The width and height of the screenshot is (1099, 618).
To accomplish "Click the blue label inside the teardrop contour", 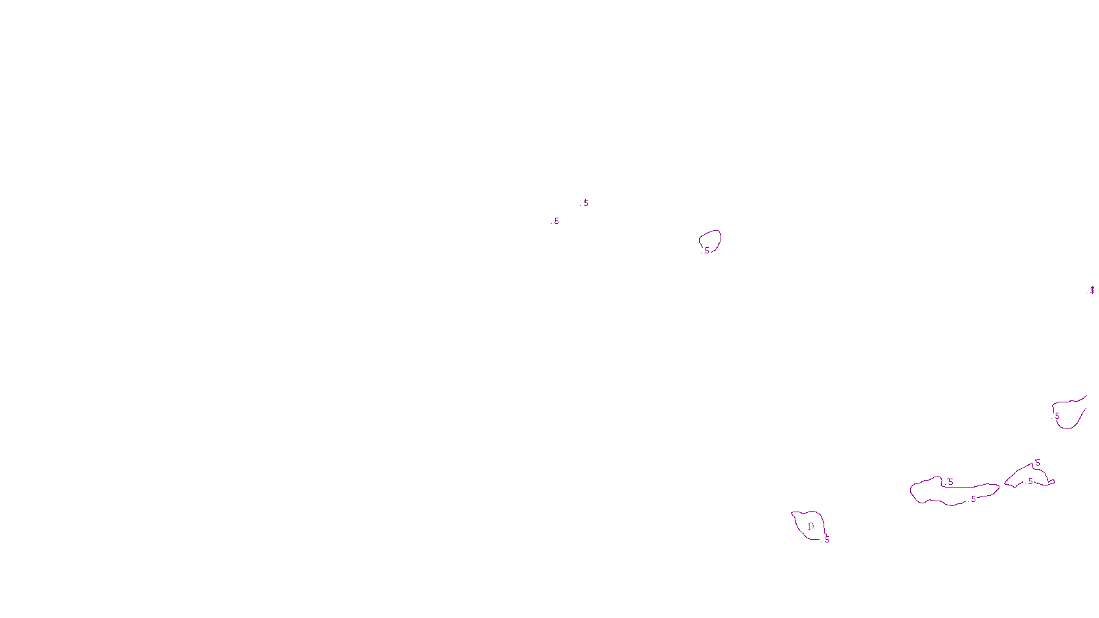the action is [811, 527].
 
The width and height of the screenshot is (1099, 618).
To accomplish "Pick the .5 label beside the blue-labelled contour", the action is [827, 540].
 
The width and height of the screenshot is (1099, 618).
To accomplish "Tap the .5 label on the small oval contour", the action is [707, 251].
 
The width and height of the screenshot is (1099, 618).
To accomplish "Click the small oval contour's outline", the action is [719, 236].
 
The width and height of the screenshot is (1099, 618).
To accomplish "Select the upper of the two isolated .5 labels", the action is [586, 203].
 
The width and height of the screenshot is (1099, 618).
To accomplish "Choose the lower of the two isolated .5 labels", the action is [556, 221].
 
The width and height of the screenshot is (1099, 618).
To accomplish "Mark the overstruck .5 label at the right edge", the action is [1092, 290].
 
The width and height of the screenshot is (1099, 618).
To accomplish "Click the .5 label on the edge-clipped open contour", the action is [1057, 416].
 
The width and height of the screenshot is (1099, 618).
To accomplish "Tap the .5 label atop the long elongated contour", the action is [951, 482].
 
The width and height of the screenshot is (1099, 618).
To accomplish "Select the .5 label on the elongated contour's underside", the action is [973, 499].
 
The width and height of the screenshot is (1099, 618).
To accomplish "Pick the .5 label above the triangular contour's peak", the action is [1038, 463].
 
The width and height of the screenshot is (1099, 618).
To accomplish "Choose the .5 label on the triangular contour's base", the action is [1030, 481].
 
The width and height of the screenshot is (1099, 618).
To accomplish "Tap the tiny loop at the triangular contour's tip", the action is [1052, 481].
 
